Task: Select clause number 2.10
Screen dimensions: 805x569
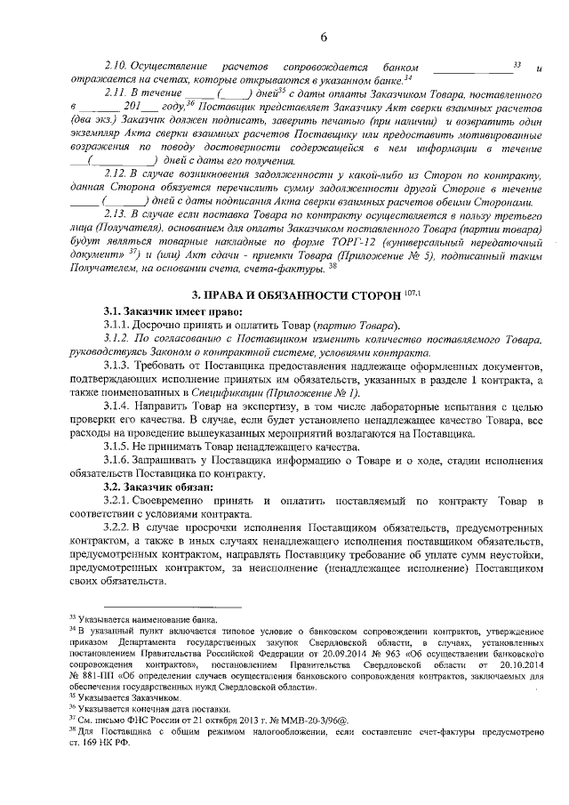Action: [118, 67]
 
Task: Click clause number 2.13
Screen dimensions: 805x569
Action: [118, 213]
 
